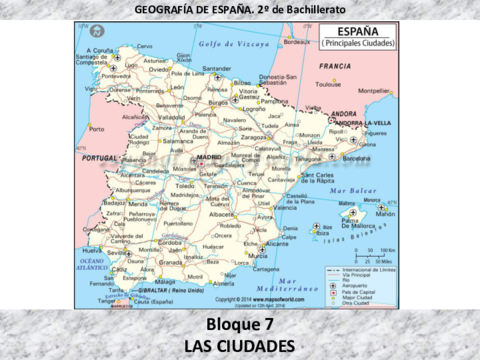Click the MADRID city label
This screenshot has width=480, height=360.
click(209, 158)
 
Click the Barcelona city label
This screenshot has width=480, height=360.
click(356, 157)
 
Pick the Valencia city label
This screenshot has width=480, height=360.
click(285, 207)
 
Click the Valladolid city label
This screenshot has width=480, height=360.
click(171, 116)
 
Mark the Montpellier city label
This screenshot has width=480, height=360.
click(375, 90)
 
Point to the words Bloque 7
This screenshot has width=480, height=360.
click(240, 324)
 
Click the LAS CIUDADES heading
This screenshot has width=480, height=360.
click(240, 345)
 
